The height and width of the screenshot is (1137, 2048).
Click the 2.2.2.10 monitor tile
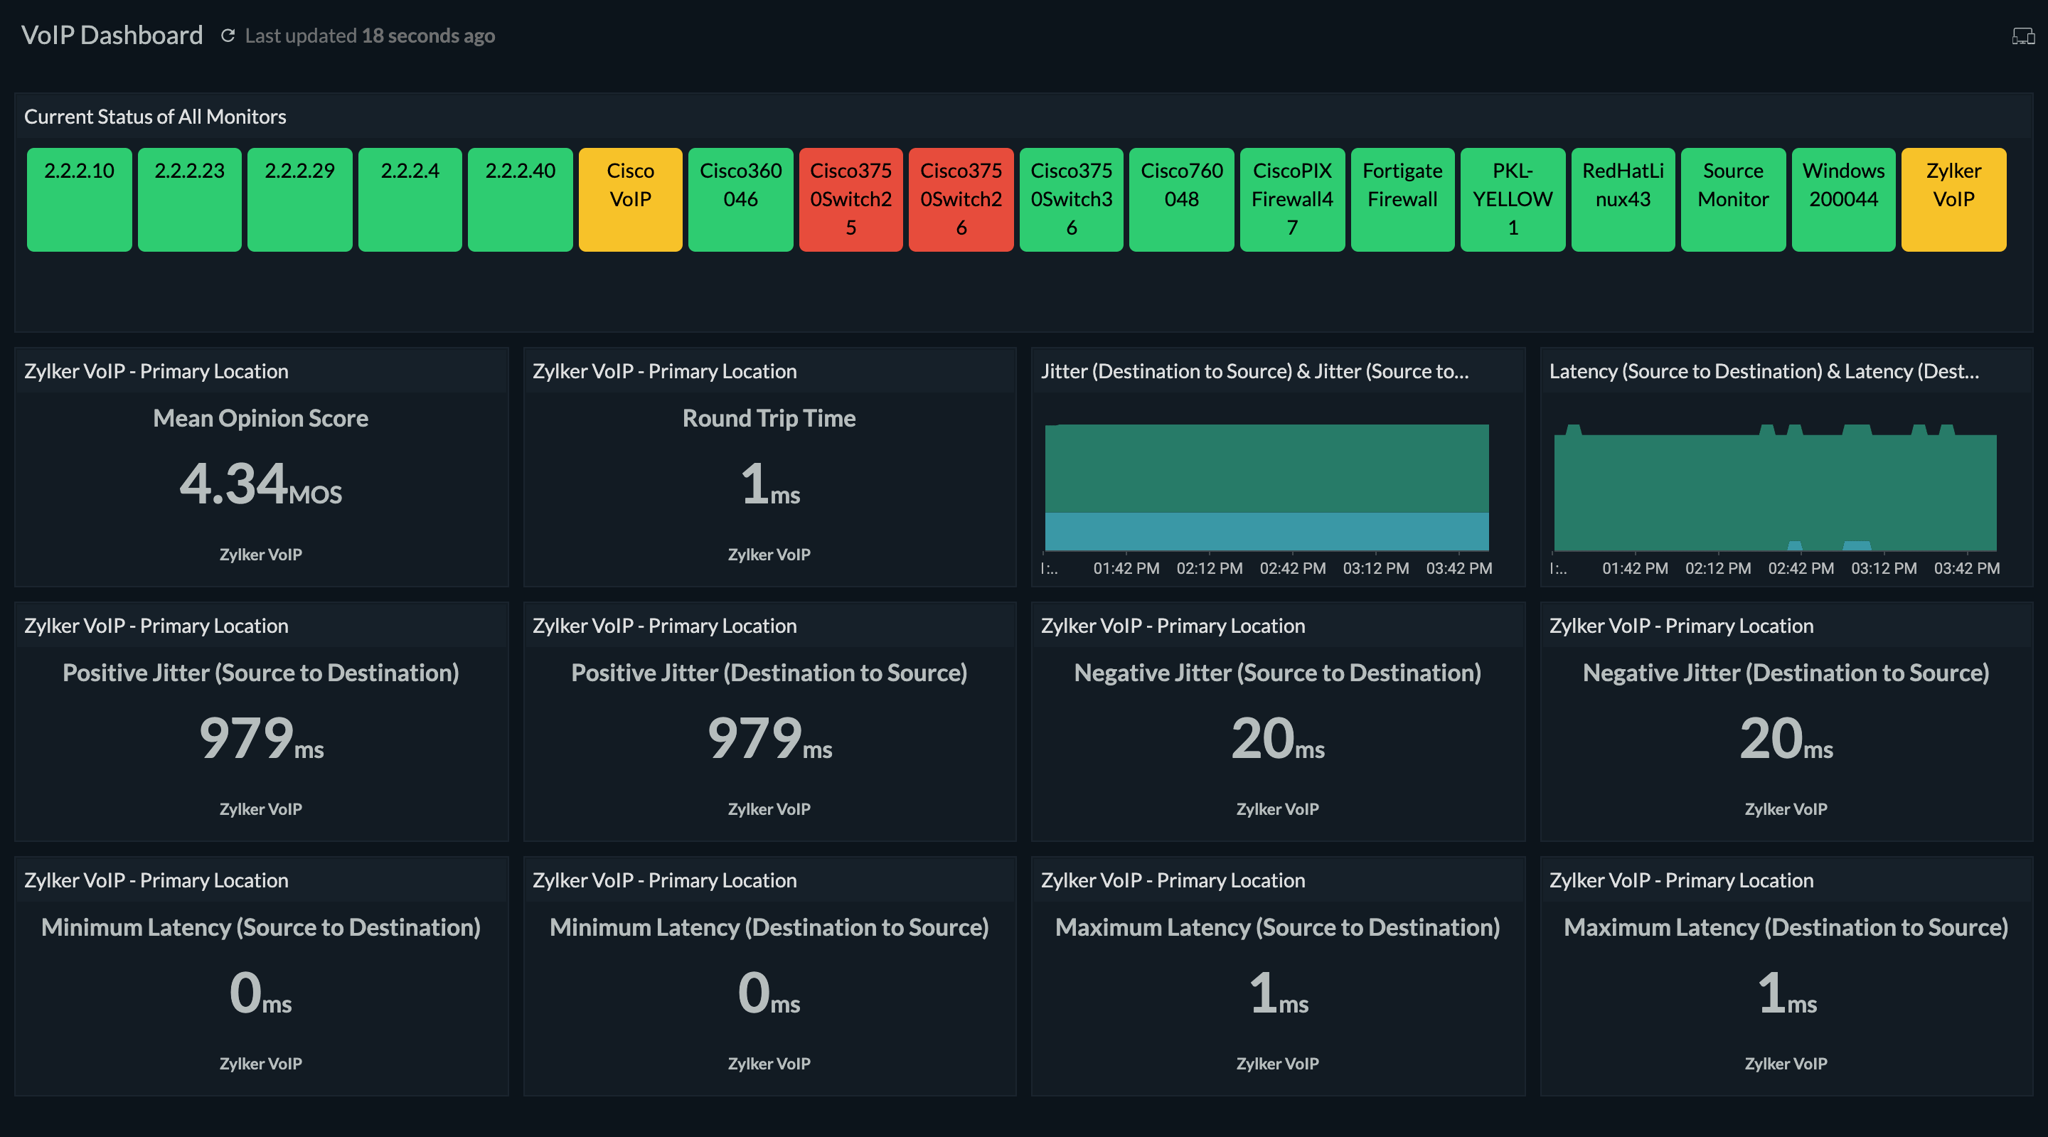(80, 199)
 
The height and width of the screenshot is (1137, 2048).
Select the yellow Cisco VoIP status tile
(631, 199)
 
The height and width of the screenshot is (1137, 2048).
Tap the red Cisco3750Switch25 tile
(850, 199)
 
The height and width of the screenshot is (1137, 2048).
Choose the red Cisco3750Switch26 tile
(961, 199)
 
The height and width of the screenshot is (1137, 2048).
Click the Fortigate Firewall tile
(1402, 199)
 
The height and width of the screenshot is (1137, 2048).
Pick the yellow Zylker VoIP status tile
(1953, 199)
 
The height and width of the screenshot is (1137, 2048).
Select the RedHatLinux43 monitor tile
(1623, 199)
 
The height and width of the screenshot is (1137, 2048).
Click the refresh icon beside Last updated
(228, 36)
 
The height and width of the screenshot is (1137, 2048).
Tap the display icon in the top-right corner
(2022, 36)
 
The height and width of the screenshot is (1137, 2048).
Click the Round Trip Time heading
(769, 418)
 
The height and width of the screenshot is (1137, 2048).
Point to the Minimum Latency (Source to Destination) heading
(261, 927)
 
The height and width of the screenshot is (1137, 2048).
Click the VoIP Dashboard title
(112, 35)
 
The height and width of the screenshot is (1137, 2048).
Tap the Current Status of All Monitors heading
(155, 117)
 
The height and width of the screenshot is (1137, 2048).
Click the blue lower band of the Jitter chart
(1266, 531)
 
